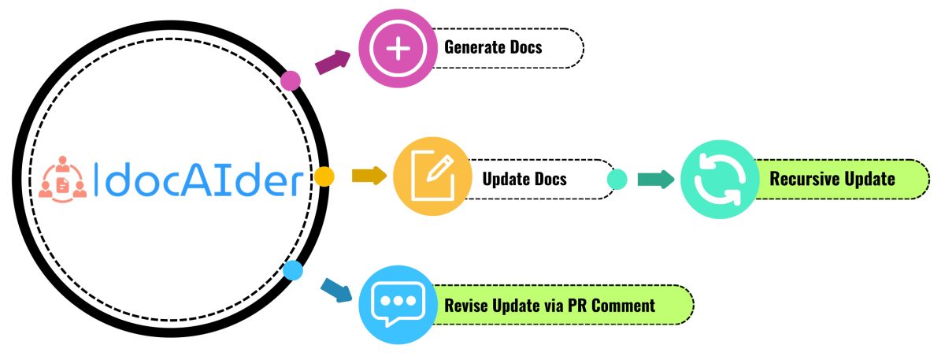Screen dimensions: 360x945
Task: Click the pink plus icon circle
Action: click(398, 47)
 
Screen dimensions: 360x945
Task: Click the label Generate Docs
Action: click(493, 47)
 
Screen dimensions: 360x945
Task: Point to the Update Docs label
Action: click(524, 179)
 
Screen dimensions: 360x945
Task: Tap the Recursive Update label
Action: click(832, 179)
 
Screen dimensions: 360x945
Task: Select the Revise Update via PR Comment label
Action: click(550, 305)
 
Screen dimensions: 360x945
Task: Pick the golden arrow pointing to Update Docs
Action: click(369, 175)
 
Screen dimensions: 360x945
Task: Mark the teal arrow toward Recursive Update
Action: click(655, 180)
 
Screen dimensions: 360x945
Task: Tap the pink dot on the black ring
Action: click(291, 80)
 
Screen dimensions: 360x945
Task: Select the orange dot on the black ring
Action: click(323, 176)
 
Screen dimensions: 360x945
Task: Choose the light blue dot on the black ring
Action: click(293, 271)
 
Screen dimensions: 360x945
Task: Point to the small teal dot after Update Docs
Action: click(617, 180)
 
